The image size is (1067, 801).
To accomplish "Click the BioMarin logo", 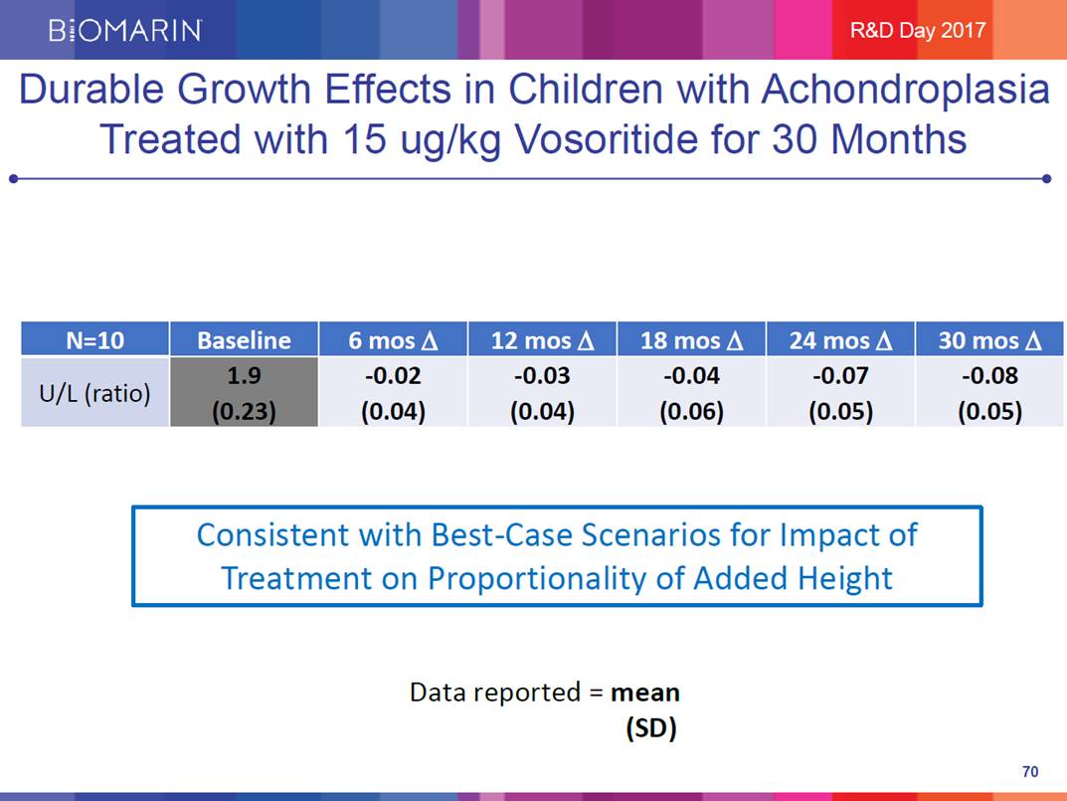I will (125, 30).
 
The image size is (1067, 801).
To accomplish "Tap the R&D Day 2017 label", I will (917, 30).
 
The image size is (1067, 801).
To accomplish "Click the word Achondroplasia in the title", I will (906, 91).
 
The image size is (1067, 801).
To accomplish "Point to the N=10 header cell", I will (95, 340).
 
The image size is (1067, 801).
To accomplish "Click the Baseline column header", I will (244, 340).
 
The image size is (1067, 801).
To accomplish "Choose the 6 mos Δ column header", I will (393, 340).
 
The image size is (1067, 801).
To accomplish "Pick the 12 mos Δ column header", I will (542, 340).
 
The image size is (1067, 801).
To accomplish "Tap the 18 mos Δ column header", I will (691, 340).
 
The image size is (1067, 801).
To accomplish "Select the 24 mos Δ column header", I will (840, 340).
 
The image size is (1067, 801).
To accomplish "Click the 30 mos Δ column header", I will (989, 340).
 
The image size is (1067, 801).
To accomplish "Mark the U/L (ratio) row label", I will (95, 393).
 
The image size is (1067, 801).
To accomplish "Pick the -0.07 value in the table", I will (840, 377).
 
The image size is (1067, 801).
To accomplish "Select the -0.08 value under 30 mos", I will (989, 377).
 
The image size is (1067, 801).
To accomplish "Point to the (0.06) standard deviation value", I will (691, 410).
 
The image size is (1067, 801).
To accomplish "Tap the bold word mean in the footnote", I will (645, 692).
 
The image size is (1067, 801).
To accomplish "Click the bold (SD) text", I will (651, 728).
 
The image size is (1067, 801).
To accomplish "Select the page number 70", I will (1029, 772).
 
